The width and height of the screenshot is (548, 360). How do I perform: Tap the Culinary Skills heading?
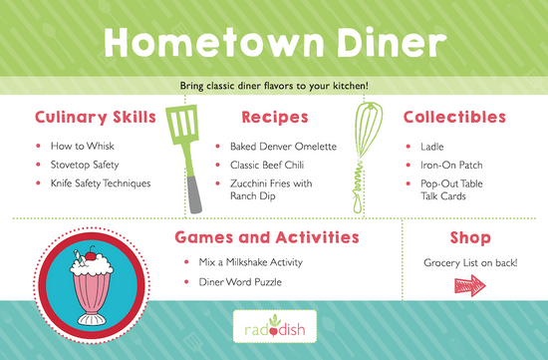[96, 117]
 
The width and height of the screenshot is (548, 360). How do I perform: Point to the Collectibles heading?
[454, 117]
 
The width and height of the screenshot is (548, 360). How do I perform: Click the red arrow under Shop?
[466, 288]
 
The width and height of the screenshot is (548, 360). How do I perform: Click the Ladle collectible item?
[418, 147]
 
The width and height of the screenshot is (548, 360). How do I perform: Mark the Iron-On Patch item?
[435, 165]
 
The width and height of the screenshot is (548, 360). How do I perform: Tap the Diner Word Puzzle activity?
[238, 284]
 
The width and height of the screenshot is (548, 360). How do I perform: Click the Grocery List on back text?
[466, 263]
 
